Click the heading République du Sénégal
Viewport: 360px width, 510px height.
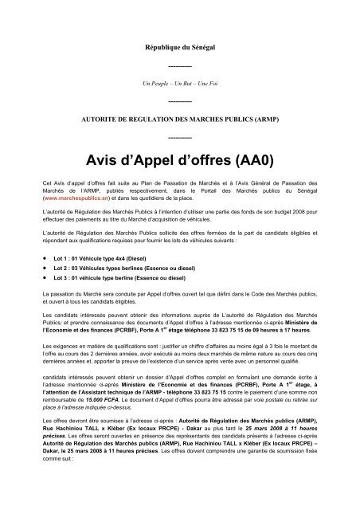[x=180, y=49]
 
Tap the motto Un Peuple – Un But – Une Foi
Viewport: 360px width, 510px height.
[x=180, y=82]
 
